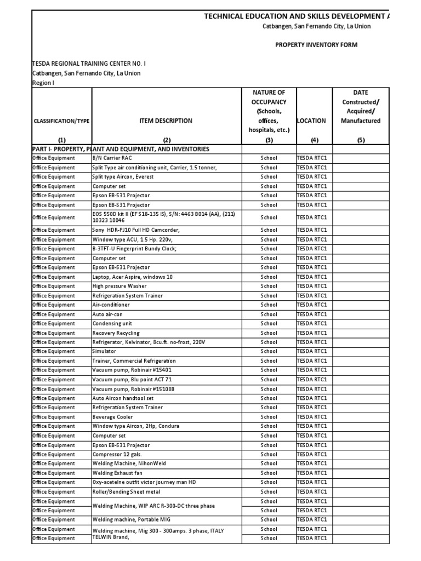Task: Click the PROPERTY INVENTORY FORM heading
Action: pyautogui.click(x=316, y=45)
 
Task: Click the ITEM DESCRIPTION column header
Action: pyautogui.click(x=167, y=121)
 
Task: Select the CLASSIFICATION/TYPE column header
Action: pyautogui.click(x=61, y=121)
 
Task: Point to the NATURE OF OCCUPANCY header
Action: pyautogui.click(x=269, y=111)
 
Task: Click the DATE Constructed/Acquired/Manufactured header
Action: pyautogui.click(x=361, y=107)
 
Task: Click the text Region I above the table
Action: pyautogui.click(x=43, y=83)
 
